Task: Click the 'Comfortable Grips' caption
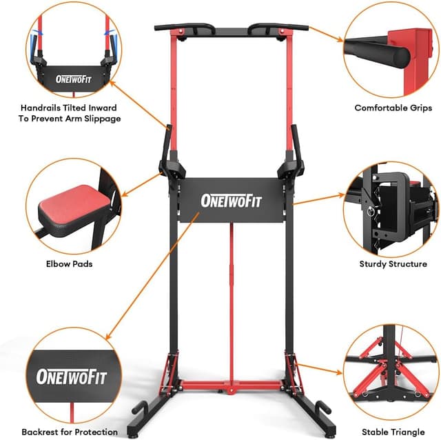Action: [393, 108]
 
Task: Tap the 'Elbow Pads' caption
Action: [65, 263]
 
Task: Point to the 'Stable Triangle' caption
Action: [393, 432]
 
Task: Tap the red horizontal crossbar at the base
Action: [231, 384]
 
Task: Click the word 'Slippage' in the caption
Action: [101, 119]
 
